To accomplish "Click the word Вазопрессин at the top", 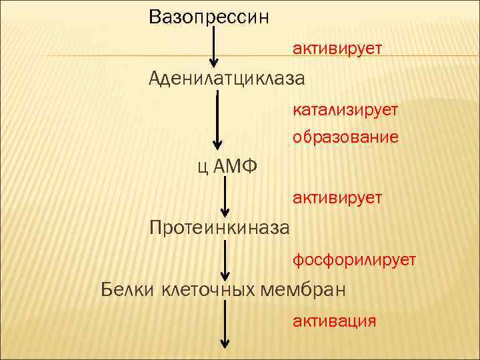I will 209,17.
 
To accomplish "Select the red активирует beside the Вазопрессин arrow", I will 337,49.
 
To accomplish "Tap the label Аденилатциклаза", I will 227,79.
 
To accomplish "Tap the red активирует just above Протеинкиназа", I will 337,197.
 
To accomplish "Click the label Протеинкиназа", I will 219,229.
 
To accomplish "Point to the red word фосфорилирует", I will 354,259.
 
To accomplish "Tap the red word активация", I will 334,321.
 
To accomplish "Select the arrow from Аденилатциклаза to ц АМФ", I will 217,120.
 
